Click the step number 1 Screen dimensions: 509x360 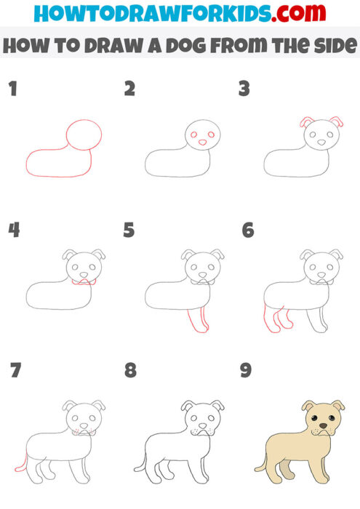12,90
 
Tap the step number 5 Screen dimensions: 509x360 129,231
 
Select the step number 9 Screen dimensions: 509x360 246,370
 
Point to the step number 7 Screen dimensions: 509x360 15,370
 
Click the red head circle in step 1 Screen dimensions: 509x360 84,135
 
